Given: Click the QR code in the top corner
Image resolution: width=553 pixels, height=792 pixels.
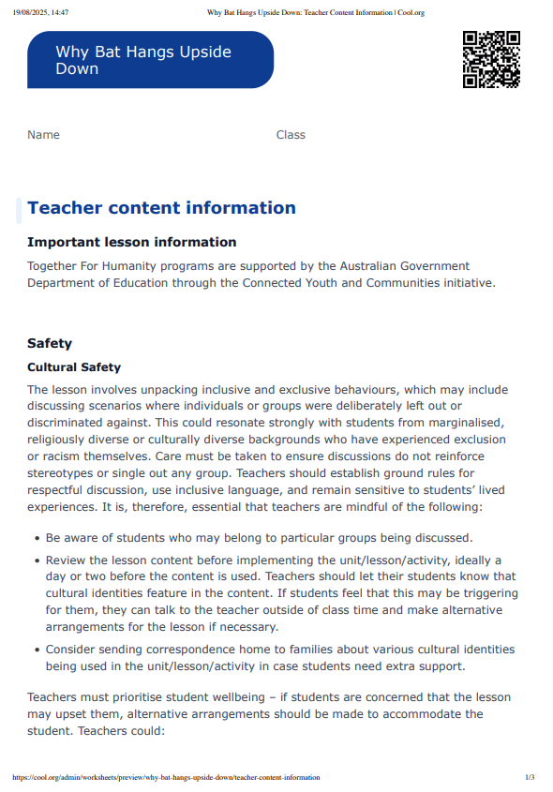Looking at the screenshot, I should (491, 59).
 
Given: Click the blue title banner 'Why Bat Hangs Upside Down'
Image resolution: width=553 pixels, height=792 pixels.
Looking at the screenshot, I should (150, 60).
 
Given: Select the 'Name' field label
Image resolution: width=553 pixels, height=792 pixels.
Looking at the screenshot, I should (43, 135).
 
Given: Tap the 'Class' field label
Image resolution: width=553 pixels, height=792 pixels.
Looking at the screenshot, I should (291, 135).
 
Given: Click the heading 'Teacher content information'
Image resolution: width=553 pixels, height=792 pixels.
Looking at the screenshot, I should (161, 208).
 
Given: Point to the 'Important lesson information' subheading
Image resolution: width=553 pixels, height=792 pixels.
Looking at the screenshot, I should (131, 243).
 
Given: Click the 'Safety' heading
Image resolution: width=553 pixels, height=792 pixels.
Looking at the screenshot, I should (50, 344).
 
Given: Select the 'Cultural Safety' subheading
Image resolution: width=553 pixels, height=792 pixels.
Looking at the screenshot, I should (74, 367).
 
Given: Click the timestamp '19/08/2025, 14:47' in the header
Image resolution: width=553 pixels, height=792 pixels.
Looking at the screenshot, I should (42, 12).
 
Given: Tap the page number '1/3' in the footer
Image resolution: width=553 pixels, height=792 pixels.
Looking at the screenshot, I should (530, 777).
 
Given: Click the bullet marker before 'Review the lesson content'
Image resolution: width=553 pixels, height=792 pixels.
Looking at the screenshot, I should (36, 560).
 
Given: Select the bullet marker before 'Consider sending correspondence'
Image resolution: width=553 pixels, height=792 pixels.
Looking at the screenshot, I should (36, 650).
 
